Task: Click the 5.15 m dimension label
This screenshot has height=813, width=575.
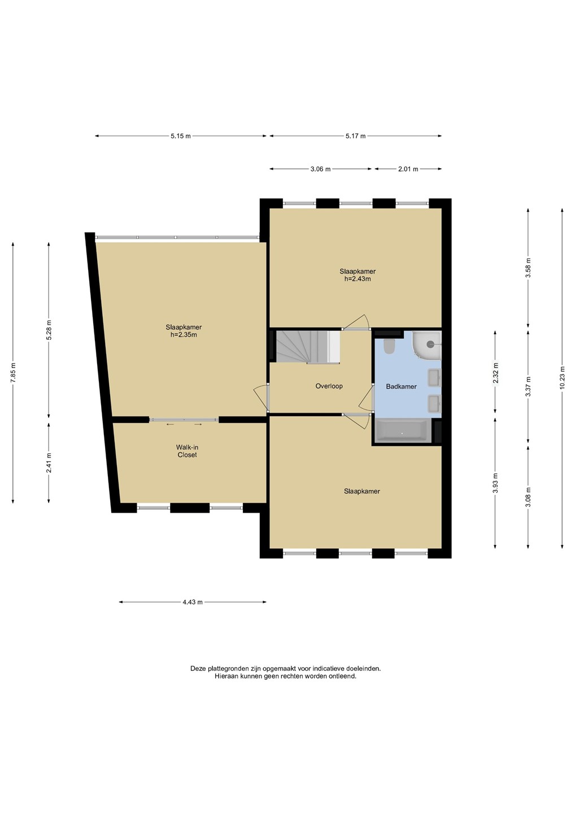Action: point(180,136)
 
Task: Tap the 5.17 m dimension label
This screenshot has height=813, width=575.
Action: point(355,136)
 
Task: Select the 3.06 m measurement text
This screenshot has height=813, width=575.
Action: point(320,169)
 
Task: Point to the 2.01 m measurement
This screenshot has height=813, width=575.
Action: point(408,169)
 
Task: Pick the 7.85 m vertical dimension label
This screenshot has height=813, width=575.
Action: point(13,373)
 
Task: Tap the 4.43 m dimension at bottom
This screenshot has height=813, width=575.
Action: point(193,602)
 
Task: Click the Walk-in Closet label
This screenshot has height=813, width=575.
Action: point(188,451)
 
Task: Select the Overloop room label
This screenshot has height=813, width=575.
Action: point(329,386)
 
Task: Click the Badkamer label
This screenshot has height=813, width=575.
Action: point(401,387)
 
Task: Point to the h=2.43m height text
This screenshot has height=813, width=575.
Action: point(358,279)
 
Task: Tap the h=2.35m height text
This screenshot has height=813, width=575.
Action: point(184,335)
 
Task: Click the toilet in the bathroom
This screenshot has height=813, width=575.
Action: point(389,346)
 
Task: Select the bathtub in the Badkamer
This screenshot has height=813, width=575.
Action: point(402,431)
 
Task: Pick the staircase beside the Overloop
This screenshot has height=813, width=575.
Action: point(308,346)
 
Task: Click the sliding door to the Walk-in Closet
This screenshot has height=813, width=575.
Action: point(184,420)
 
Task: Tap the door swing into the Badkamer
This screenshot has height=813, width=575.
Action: point(366,397)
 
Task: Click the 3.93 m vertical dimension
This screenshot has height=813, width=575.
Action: point(495,483)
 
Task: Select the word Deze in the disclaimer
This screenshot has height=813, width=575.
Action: point(198,668)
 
